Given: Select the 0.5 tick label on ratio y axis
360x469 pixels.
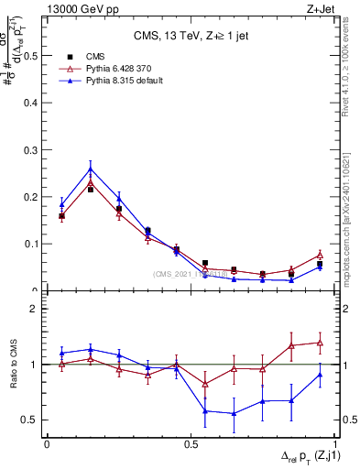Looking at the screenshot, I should click(x=31, y=420).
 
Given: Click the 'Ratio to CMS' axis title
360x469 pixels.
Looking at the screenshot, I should click(x=13, y=364).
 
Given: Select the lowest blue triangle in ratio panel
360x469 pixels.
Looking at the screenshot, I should click(x=234, y=413).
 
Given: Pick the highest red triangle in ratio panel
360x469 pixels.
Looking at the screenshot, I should click(x=320, y=343).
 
